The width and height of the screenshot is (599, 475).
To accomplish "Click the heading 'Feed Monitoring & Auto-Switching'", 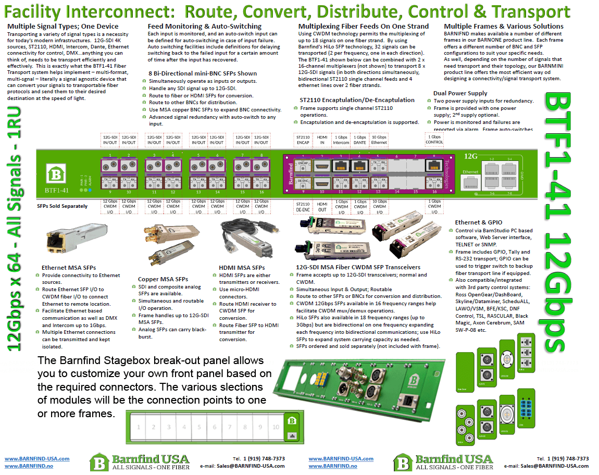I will coord(204,27).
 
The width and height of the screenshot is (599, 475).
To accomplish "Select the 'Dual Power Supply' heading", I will coord(460,93).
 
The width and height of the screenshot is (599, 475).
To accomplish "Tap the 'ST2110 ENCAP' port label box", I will coord(303,139).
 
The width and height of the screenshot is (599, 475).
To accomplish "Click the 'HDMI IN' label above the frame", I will coord(322,139).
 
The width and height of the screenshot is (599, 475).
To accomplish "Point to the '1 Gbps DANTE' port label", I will coord(360,139).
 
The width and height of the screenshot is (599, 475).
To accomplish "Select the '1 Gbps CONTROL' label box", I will coord(434,139).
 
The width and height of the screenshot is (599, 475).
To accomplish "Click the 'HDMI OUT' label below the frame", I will coord(322,206).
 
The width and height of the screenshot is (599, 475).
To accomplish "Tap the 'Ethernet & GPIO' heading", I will coord(479,222).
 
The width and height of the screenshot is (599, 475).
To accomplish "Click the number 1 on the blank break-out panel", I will coord(139,427).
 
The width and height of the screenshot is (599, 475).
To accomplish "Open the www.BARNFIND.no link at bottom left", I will coord(28,467).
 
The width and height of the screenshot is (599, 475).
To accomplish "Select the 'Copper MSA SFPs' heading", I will coord(163,279).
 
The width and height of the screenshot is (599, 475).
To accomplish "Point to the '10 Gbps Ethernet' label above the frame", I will coord(379,139).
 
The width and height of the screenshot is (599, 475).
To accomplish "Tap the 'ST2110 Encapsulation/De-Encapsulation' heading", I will coord(357,100).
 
